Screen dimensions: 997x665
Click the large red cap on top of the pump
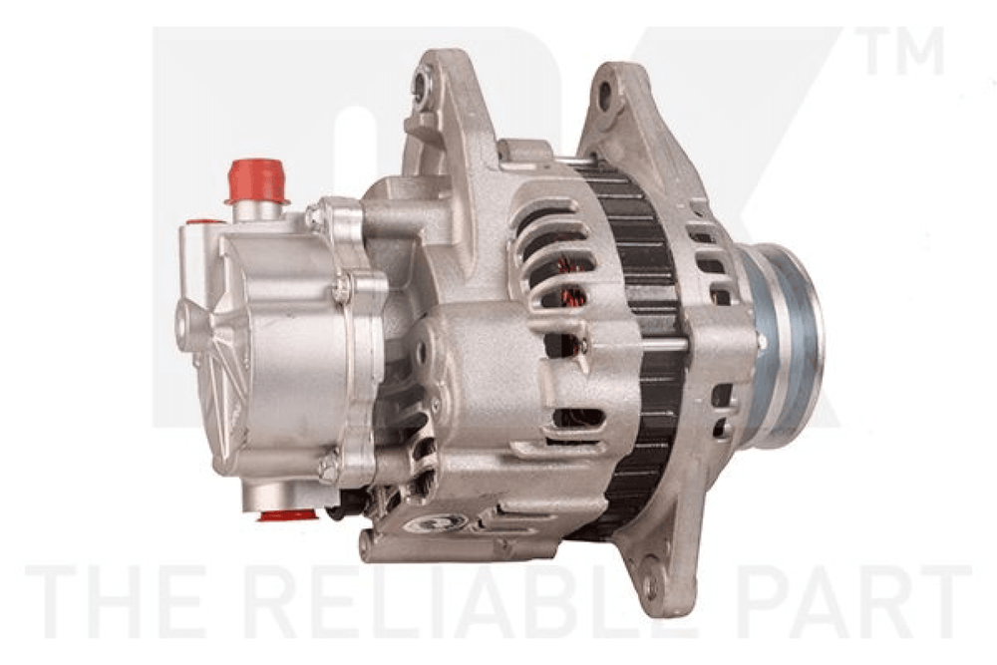(x=256, y=179)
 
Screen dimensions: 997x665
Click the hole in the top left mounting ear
(x=420, y=83)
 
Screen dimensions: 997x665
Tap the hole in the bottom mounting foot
(x=650, y=585)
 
